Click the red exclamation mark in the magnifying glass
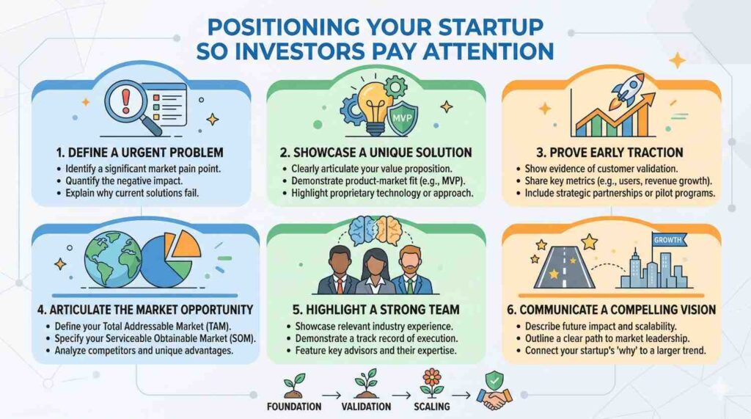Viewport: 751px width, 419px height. (x=126, y=99)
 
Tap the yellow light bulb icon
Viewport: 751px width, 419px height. (x=375, y=109)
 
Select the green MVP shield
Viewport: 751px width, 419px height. (x=403, y=118)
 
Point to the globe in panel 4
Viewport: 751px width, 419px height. (x=113, y=259)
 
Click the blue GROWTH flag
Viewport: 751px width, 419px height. (x=669, y=240)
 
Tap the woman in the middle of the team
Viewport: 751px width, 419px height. (x=375, y=272)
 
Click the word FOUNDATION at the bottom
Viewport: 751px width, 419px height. (x=294, y=407)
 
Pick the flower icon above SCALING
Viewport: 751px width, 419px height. (x=431, y=382)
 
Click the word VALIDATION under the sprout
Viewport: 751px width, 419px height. (x=366, y=407)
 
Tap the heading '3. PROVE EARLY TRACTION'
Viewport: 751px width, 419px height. (x=609, y=153)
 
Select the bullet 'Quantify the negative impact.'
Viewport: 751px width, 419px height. (x=124, y=181)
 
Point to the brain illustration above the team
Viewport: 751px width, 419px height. (x=375, y=231)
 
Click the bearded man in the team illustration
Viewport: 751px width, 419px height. (x=410, y=270)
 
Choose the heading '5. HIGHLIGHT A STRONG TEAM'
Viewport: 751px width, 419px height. (x=375, y=310)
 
